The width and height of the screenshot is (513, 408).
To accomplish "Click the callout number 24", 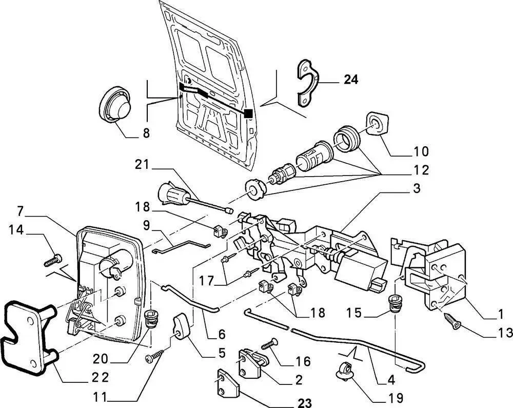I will pos(351,80).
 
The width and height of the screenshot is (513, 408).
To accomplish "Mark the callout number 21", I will pos(142,165).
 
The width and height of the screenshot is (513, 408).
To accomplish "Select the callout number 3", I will pos(416,189).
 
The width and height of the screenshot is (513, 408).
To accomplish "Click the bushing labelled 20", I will pos(150,318).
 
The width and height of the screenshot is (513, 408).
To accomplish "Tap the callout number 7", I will pos(21,211).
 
